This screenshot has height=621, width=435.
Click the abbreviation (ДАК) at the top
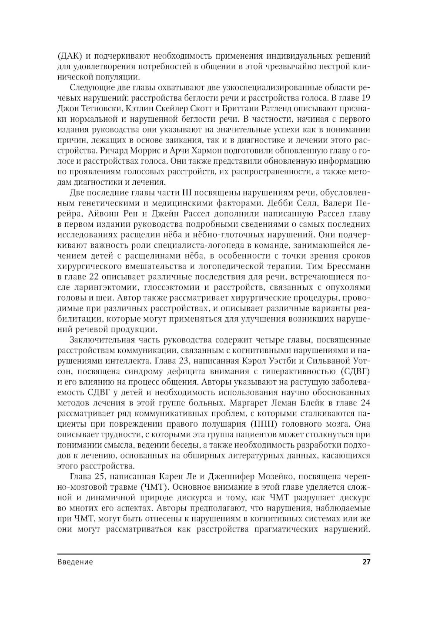pyautogui.click(x=68, y=56)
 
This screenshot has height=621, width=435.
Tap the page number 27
pyautogui.click(x=366, y=561)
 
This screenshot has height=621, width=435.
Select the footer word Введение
pyautogui.click(x=75, y=561)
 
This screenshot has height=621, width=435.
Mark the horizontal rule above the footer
pyautogui.click(x=214, y=554)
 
